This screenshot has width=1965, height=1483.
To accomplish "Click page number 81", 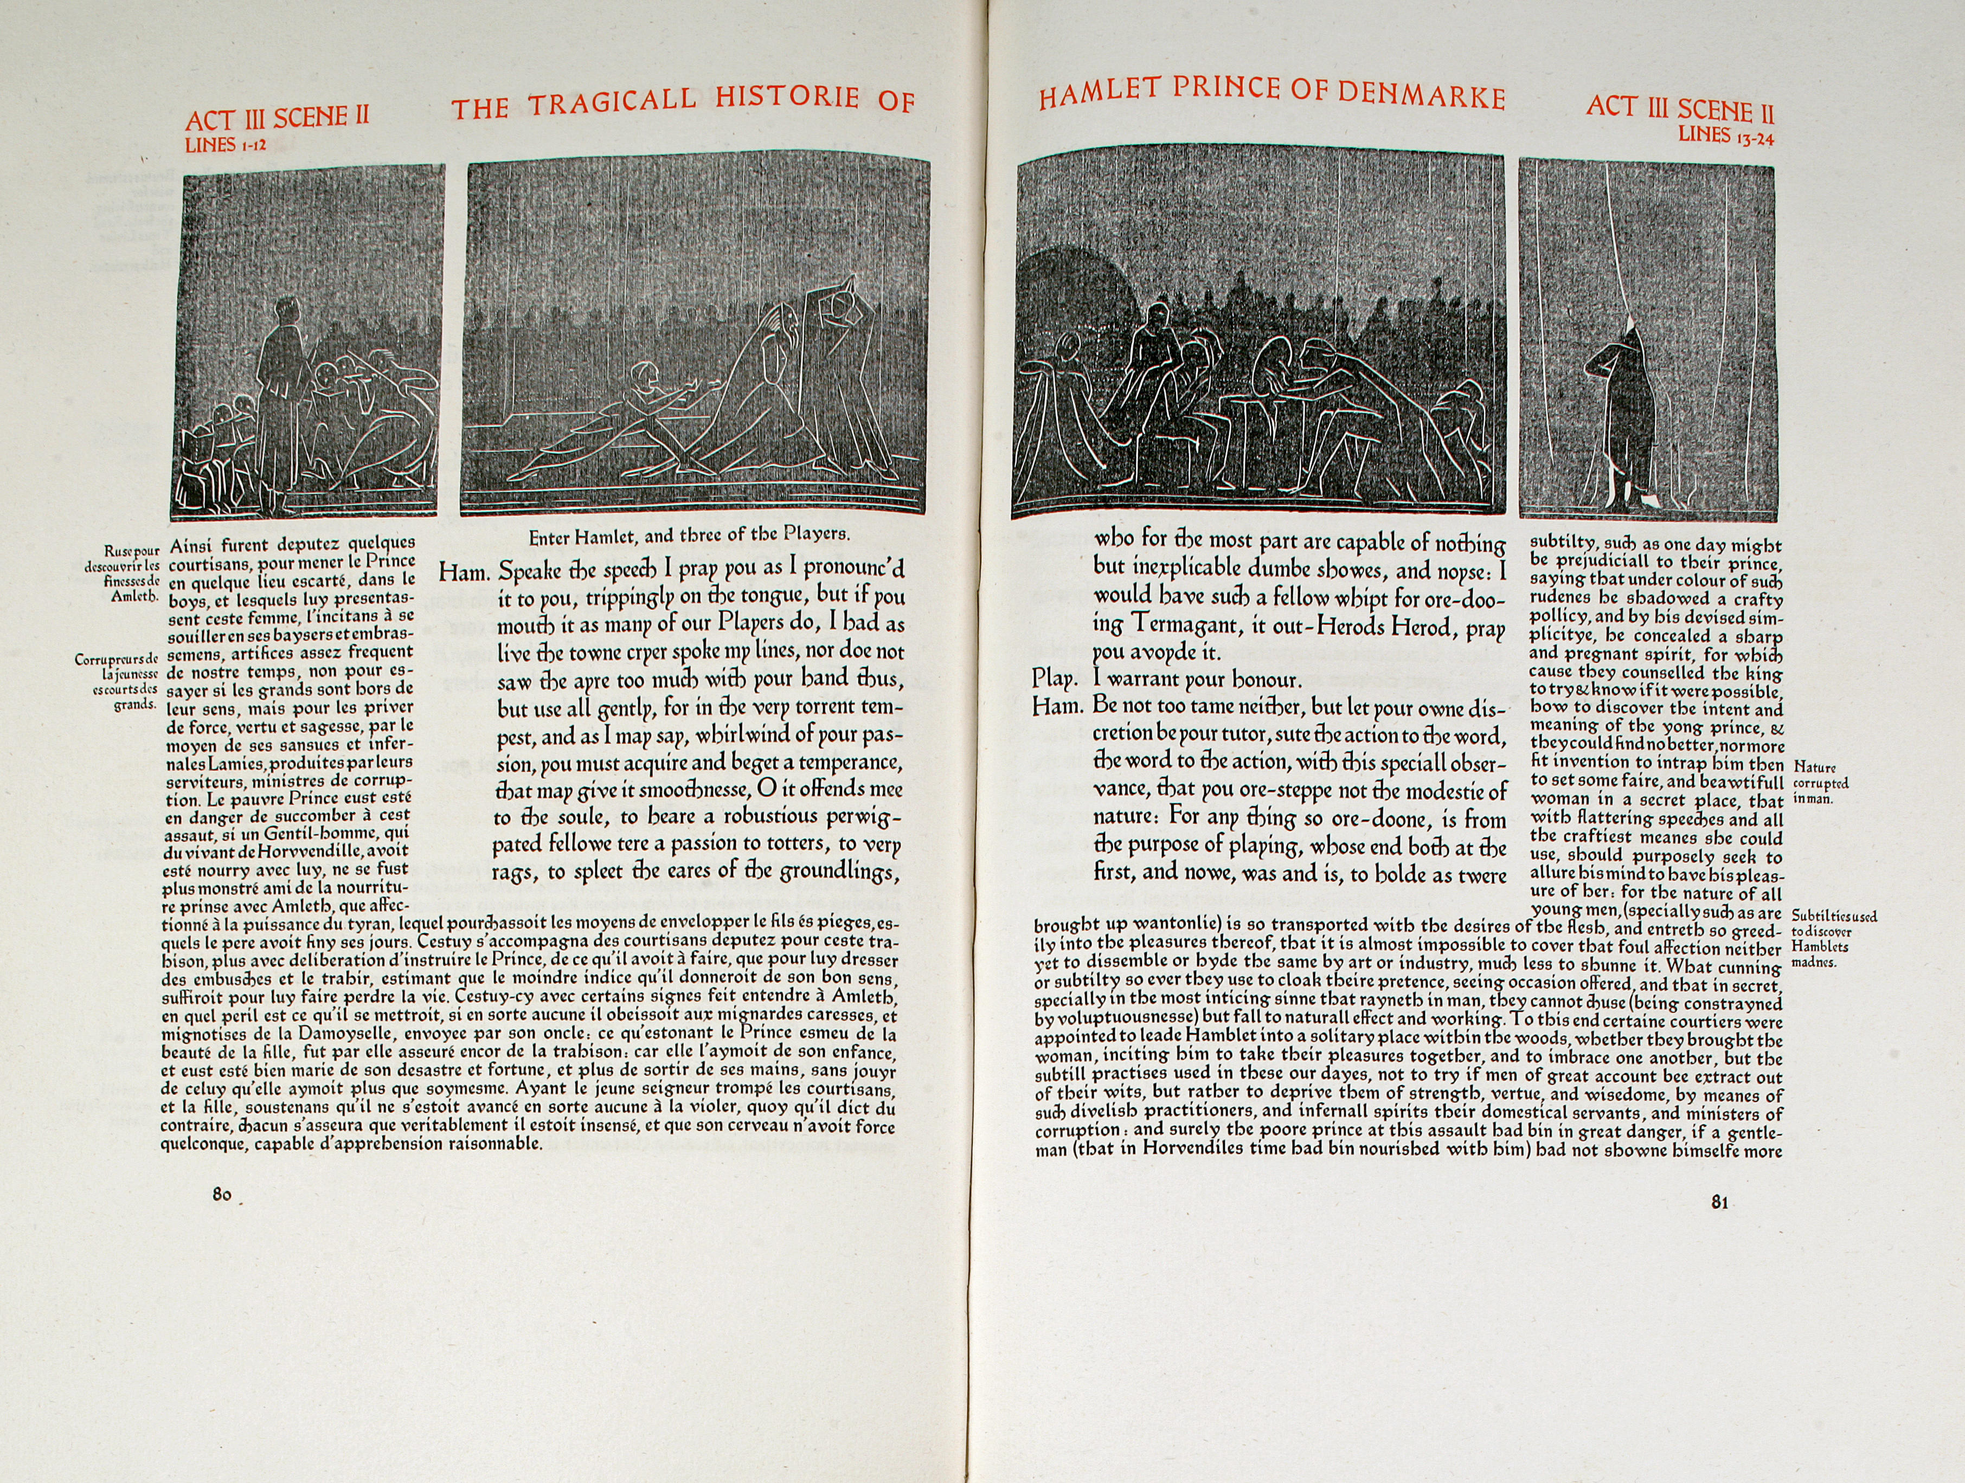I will pyautogui.click(x=1719, y=1203).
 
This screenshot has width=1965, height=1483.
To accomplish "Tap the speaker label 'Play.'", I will pyautogui.click(x=1055, y=679).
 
